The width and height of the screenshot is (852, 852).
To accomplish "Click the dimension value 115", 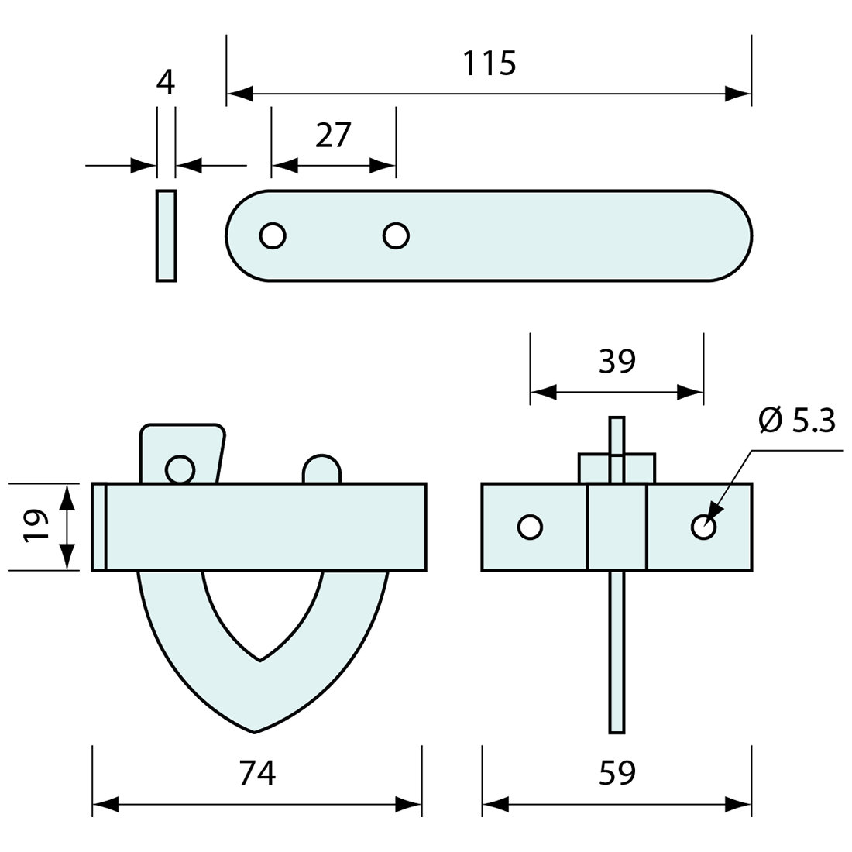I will tap(489, 64).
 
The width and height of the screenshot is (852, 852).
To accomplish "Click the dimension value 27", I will tap(334, 136).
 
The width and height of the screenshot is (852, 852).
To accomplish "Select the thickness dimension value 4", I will tap(166, 81).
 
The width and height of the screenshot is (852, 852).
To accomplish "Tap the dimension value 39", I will tap(617, 362).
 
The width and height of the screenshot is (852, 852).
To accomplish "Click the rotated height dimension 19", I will tap(36, 527).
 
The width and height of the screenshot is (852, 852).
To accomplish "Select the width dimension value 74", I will tap(257, 773).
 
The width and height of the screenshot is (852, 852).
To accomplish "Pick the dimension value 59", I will tap(617, 773).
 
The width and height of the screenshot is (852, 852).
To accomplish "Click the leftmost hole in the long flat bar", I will tap(273, 235).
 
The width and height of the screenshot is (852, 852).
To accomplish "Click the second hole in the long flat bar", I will tap(396, 235).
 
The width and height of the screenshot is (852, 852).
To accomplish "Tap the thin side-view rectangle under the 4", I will tap(166, 235).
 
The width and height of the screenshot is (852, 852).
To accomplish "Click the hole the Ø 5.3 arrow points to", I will tap(703, 527).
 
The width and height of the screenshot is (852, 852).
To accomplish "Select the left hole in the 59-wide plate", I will tap(530, 527).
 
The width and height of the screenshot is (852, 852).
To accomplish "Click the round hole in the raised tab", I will tap(180, 469).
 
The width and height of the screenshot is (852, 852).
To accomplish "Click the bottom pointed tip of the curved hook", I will tap(254, 730).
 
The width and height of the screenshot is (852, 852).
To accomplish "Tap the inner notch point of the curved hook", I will tap(260, 660).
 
